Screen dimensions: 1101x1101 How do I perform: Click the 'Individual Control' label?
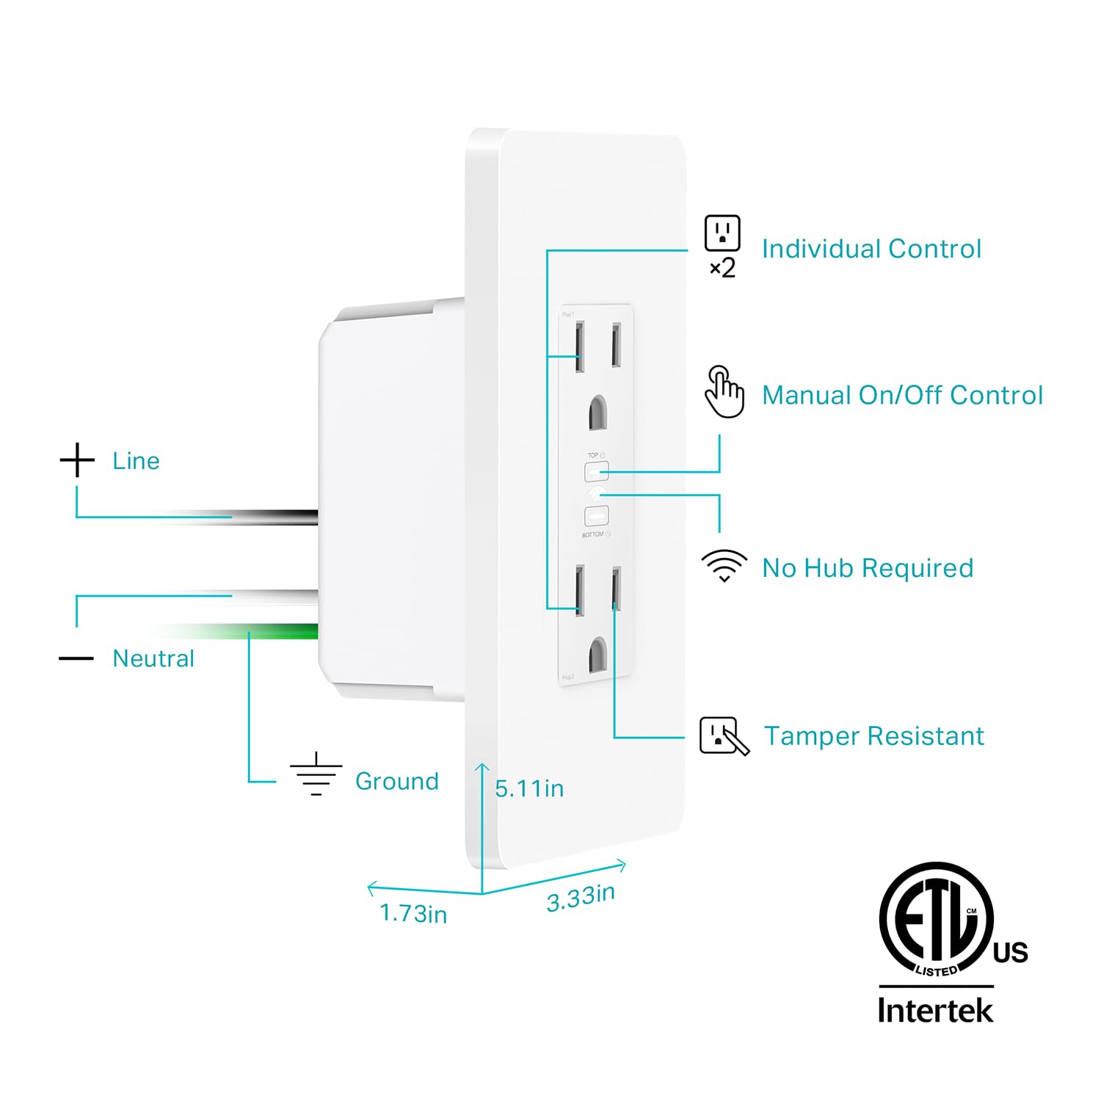871,249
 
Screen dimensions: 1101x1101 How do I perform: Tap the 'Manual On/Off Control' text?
902,395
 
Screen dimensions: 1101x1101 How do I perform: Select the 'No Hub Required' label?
868,567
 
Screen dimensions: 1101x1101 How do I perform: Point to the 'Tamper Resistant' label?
873,735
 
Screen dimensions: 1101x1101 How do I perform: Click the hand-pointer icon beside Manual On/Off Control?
724,392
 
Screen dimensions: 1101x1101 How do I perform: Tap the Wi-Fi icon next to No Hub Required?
724,565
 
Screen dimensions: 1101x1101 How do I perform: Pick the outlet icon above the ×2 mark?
722,233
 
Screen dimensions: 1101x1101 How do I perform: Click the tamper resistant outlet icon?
724,735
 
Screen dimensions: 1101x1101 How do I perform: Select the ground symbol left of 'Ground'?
316,775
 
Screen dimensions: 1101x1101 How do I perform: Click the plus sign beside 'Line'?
77,460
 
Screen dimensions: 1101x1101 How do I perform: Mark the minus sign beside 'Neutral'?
76,658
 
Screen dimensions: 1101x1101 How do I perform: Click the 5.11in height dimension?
529,788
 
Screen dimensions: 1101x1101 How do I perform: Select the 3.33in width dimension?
581,898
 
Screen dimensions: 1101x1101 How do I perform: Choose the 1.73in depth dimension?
413,914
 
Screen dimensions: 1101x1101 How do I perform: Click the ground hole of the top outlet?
598,413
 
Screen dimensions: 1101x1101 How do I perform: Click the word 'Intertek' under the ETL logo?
935,1010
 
